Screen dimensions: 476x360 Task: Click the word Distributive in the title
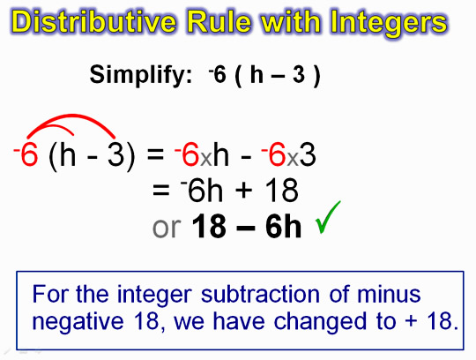94,21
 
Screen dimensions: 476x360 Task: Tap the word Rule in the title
219,21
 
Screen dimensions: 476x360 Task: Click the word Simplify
141,75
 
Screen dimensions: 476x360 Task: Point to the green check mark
328,217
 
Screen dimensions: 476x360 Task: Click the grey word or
167,228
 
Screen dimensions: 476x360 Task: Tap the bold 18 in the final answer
209,226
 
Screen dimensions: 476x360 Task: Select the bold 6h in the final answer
284,226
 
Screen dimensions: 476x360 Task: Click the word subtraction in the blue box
260,294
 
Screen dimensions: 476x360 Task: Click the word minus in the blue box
389,294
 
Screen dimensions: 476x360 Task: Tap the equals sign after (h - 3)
156,154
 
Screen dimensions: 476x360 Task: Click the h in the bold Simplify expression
257,75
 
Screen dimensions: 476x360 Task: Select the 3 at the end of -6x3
308,154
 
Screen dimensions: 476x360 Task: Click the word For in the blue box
49,294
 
